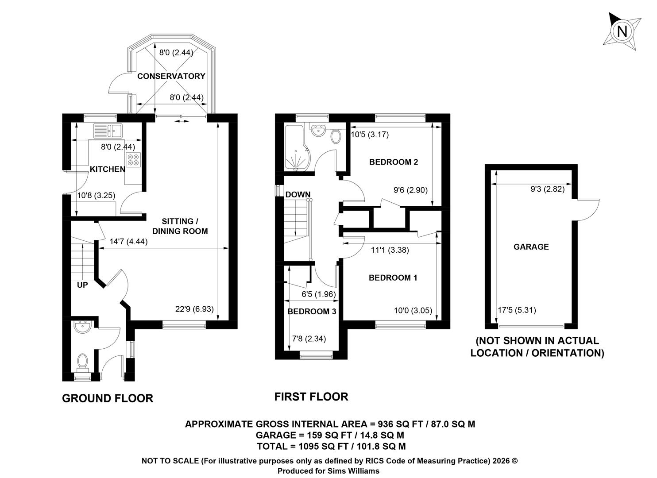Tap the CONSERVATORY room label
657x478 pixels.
tap(171, 76)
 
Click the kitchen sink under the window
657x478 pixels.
tap(108, 131)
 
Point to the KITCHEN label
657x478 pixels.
tap(107, 169)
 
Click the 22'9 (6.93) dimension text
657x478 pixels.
tap(194, 309)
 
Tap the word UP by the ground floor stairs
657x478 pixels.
tap(82, 285)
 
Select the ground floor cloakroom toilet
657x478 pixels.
tap(82, 361)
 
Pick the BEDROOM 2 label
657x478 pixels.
tap(393, 162)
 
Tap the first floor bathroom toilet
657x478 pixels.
tap(336, 136)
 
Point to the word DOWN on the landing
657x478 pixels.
tap(298, 194)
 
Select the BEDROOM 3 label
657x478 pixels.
tap(312, 311)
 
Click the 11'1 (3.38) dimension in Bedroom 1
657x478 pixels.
tap(390, 250)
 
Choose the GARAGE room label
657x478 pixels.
tap(531, 247)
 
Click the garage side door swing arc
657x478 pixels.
tap(594, 211)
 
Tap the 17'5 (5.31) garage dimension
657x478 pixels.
tap(517, 310)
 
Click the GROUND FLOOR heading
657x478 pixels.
tap(108, 398)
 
